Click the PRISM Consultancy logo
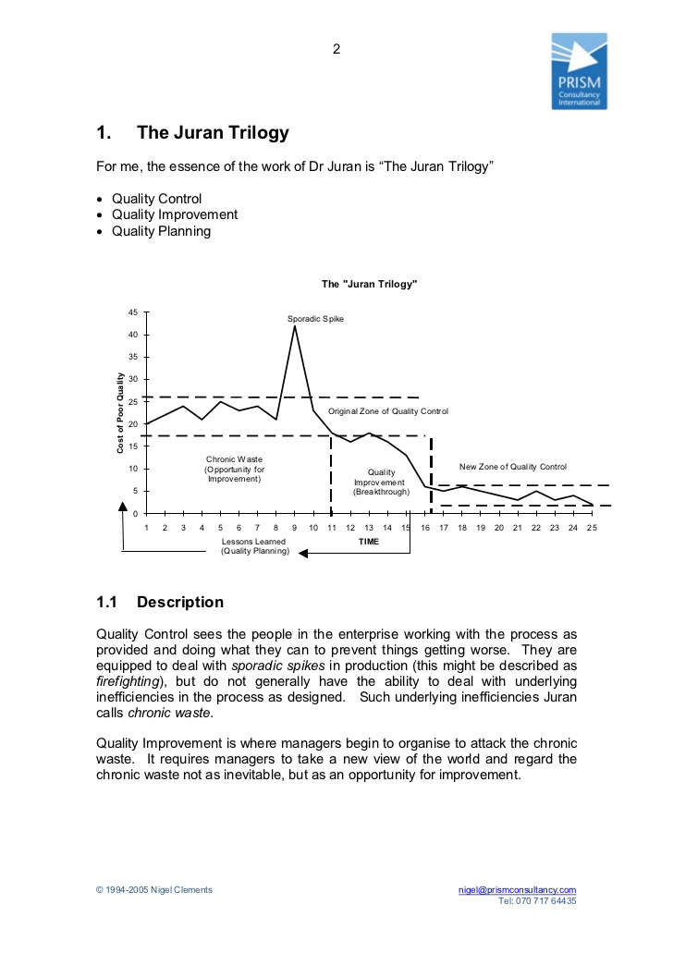click(579, 71)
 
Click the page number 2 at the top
click(336, 49)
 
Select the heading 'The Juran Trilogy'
click(213, 133)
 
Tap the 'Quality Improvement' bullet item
click(175, 214)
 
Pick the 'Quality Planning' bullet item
click(161, 231)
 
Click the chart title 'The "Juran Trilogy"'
click(369, 285)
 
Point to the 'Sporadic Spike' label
click(315, 319)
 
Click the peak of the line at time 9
click(295, 325)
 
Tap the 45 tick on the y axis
click(133, 312)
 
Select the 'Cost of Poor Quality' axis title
click(120, 412)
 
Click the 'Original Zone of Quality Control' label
click(388, 410)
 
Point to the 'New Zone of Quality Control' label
click(513, 467)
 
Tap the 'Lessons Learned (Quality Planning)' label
click(254, 546)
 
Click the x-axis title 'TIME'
click(369, 541)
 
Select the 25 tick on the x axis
click(592, 527)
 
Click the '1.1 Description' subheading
click(160, 603)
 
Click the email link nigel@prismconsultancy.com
click(517, 889)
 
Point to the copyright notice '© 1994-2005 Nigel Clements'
click(153, 889)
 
